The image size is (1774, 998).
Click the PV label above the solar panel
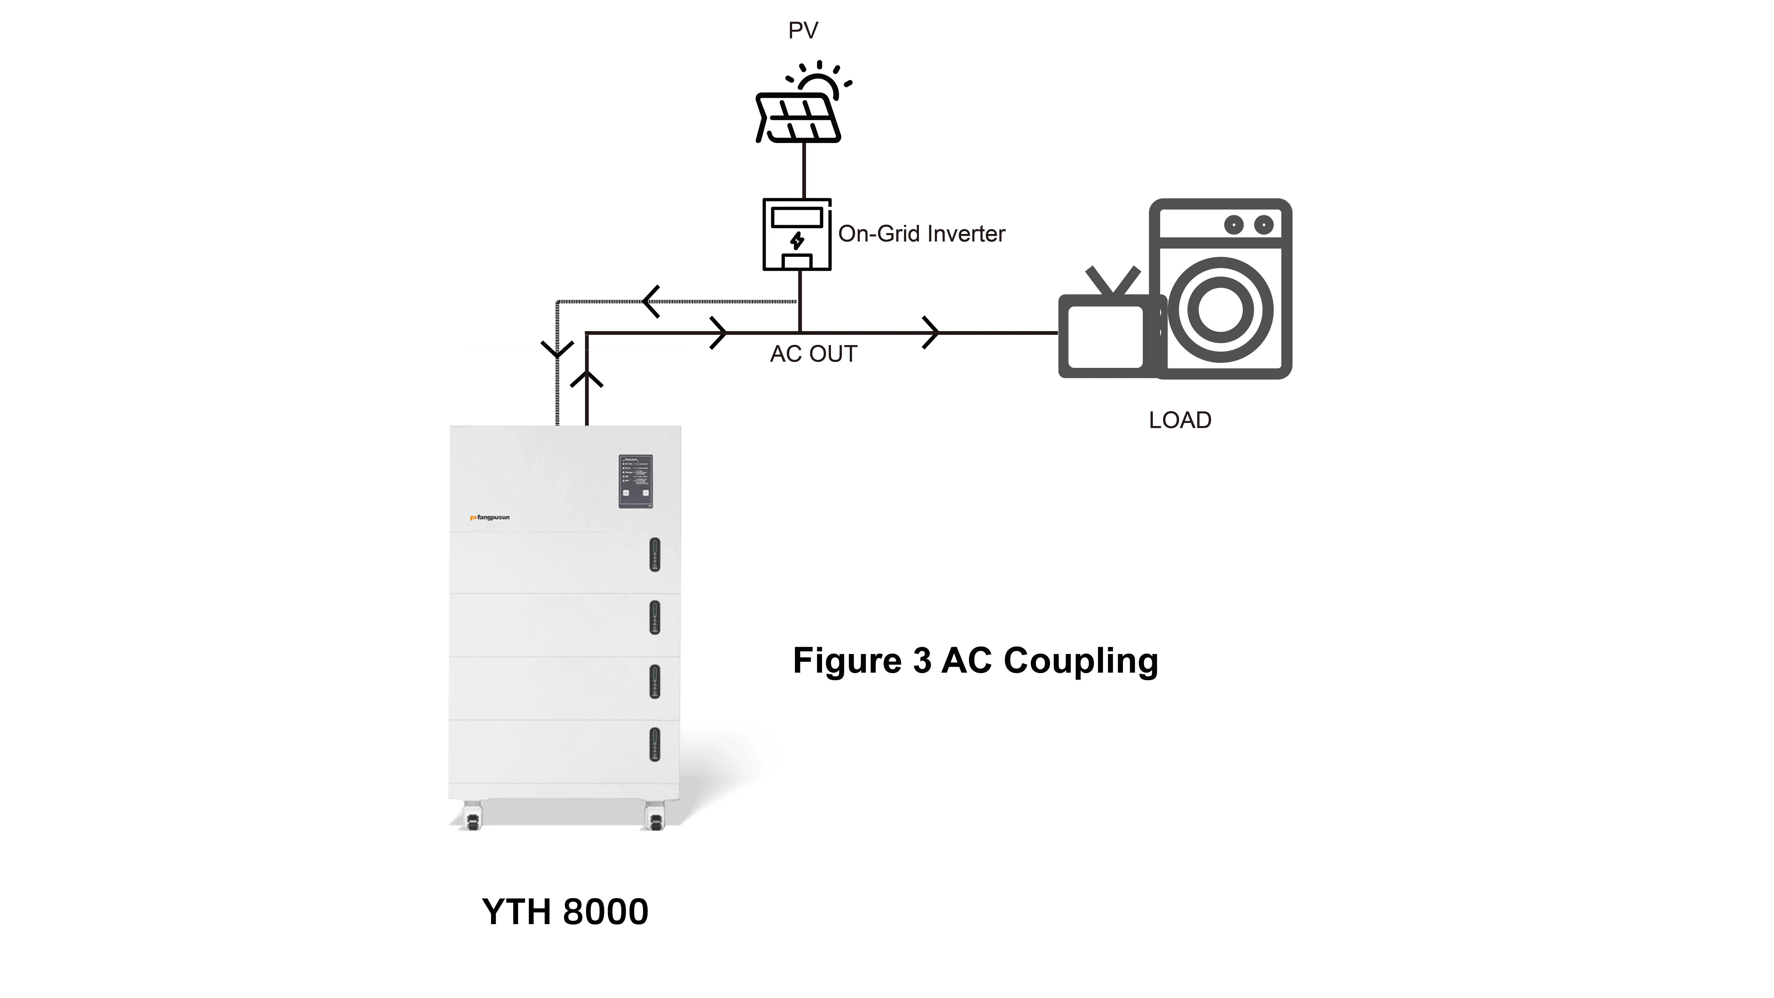[803, 31]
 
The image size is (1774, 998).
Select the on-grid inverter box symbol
[797, 235]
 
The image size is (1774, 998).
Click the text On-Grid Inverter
[921, 234]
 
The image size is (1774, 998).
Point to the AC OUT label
[813, 354]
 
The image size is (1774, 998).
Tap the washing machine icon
[1220, 289]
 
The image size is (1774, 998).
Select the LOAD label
[1180, 420]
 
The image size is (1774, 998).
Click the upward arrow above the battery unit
[587, 379]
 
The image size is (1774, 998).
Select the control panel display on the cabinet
[635, 481]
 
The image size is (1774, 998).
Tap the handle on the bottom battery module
[654, 745]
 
